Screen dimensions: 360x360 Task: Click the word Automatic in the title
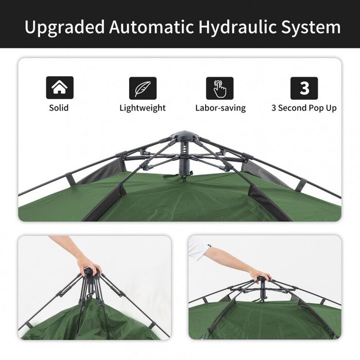click(156, 27)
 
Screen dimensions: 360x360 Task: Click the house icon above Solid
click(60, 88)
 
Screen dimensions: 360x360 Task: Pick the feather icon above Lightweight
click(142, 88)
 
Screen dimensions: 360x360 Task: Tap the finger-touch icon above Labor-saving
click(220, 88)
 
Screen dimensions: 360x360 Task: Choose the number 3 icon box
click(304, 88)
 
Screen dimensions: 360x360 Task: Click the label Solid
click(59, 108)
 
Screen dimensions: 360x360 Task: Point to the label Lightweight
click(142, 108)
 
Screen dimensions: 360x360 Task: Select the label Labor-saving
click(220, 108)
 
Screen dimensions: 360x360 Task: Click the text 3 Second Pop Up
click(304, 108)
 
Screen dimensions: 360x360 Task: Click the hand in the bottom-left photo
click(88, 265)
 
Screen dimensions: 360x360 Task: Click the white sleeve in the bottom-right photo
click(199, 248)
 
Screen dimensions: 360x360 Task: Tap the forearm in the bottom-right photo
click(229, 259)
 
